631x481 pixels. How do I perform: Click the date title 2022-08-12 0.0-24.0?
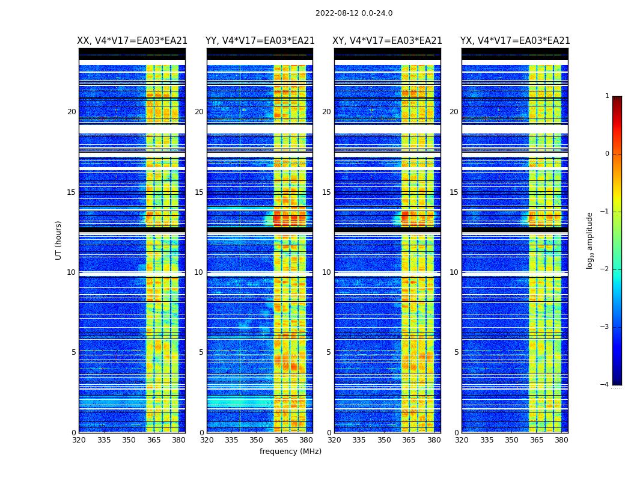coord(354,13)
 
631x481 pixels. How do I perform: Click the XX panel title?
coord(132,41)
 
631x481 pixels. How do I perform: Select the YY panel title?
coord(260,41)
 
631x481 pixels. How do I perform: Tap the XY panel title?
coord(388,41)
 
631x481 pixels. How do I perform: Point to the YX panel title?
coord(515,41)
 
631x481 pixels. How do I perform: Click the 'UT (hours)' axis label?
coord(59,240)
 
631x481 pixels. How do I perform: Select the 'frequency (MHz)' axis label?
coord(290,452)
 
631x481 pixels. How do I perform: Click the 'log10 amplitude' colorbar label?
coord(590,240)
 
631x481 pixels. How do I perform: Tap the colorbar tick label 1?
coord(607,96)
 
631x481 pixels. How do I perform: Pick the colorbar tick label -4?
coord(605,385)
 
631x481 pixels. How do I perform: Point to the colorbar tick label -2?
coord(605,269)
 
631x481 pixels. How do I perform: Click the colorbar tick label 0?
coord(607,154)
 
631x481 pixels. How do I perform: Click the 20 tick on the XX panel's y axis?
coord(72,112)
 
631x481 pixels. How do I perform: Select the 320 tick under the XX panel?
coord(79,440)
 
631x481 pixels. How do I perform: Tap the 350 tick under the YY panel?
coord(257,440)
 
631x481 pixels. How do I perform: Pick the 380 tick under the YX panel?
coord(561,440)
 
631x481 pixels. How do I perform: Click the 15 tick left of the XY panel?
coord(326,192)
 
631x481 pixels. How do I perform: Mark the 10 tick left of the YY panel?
coord(199,272)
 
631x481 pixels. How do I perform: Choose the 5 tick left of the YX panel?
coord(456,352)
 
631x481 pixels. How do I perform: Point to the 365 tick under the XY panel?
coord(409,440)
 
